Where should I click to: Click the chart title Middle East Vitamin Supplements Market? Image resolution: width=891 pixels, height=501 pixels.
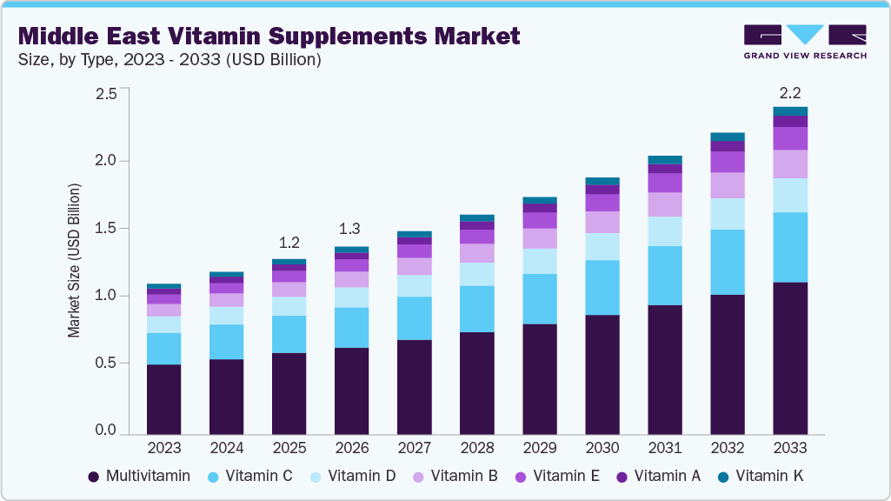click(x=269, y=36)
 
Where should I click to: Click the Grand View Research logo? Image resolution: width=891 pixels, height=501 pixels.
click(x=805, y=41)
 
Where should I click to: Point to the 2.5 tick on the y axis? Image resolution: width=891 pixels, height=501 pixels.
click(x=105, y=93)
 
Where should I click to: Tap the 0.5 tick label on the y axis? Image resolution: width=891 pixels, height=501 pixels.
click(x=105, y=363)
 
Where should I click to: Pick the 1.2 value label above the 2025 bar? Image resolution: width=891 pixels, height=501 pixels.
click(x=289, y=242)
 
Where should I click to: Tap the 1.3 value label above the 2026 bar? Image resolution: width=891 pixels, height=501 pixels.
click(x=352, y=229)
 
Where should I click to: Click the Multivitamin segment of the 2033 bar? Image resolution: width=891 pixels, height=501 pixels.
click(x=790, y=358)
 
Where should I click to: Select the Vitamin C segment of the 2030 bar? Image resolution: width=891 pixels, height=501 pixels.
click(x=602, y=287)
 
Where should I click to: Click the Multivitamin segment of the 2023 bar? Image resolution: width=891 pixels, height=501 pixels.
click(x=164, y=399)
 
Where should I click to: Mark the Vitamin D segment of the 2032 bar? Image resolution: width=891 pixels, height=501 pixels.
click(x=728, y=214)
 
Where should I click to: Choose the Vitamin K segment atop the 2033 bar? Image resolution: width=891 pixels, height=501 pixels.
click(x=790, y=111)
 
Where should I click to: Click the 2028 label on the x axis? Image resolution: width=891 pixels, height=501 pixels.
click(x=477, y=448)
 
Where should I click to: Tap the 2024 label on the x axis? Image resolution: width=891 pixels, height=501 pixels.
click(x=227, y=448)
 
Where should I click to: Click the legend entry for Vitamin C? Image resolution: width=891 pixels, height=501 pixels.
click(x=249, y=476)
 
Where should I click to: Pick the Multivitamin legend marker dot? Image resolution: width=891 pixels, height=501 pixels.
click(x=93, y=476)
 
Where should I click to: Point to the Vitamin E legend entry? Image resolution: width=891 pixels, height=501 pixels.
click(x=555, y=476)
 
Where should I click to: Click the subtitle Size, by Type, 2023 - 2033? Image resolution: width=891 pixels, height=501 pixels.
click(x=170, y=60)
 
